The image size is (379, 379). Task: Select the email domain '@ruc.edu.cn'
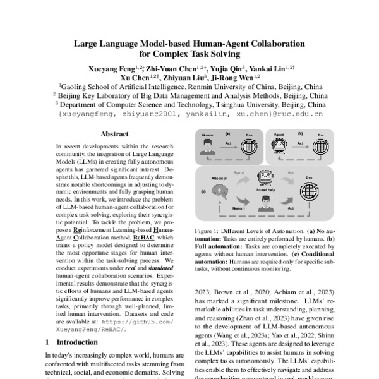(x=298, y=115)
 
